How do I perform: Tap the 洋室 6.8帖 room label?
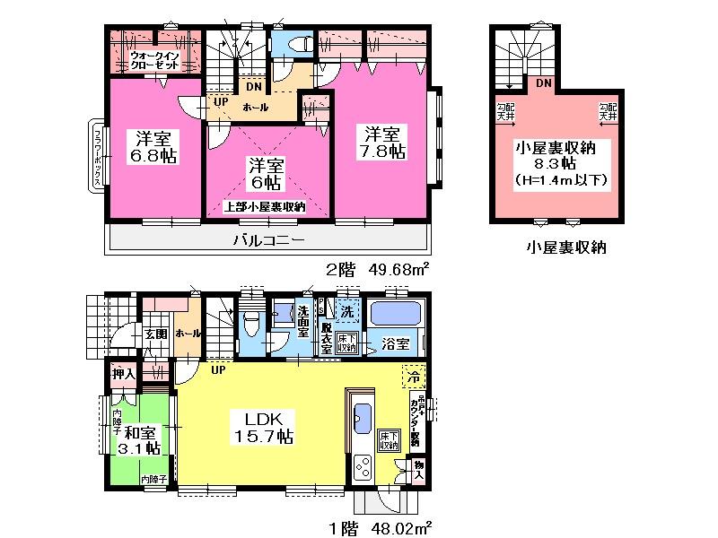(155, 147)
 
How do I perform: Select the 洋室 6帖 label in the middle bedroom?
(266, 175)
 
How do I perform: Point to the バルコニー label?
(268, 239)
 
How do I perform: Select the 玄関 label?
(155, 334)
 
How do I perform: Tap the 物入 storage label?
(417, 469)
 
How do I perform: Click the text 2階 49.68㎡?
(376, 268)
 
